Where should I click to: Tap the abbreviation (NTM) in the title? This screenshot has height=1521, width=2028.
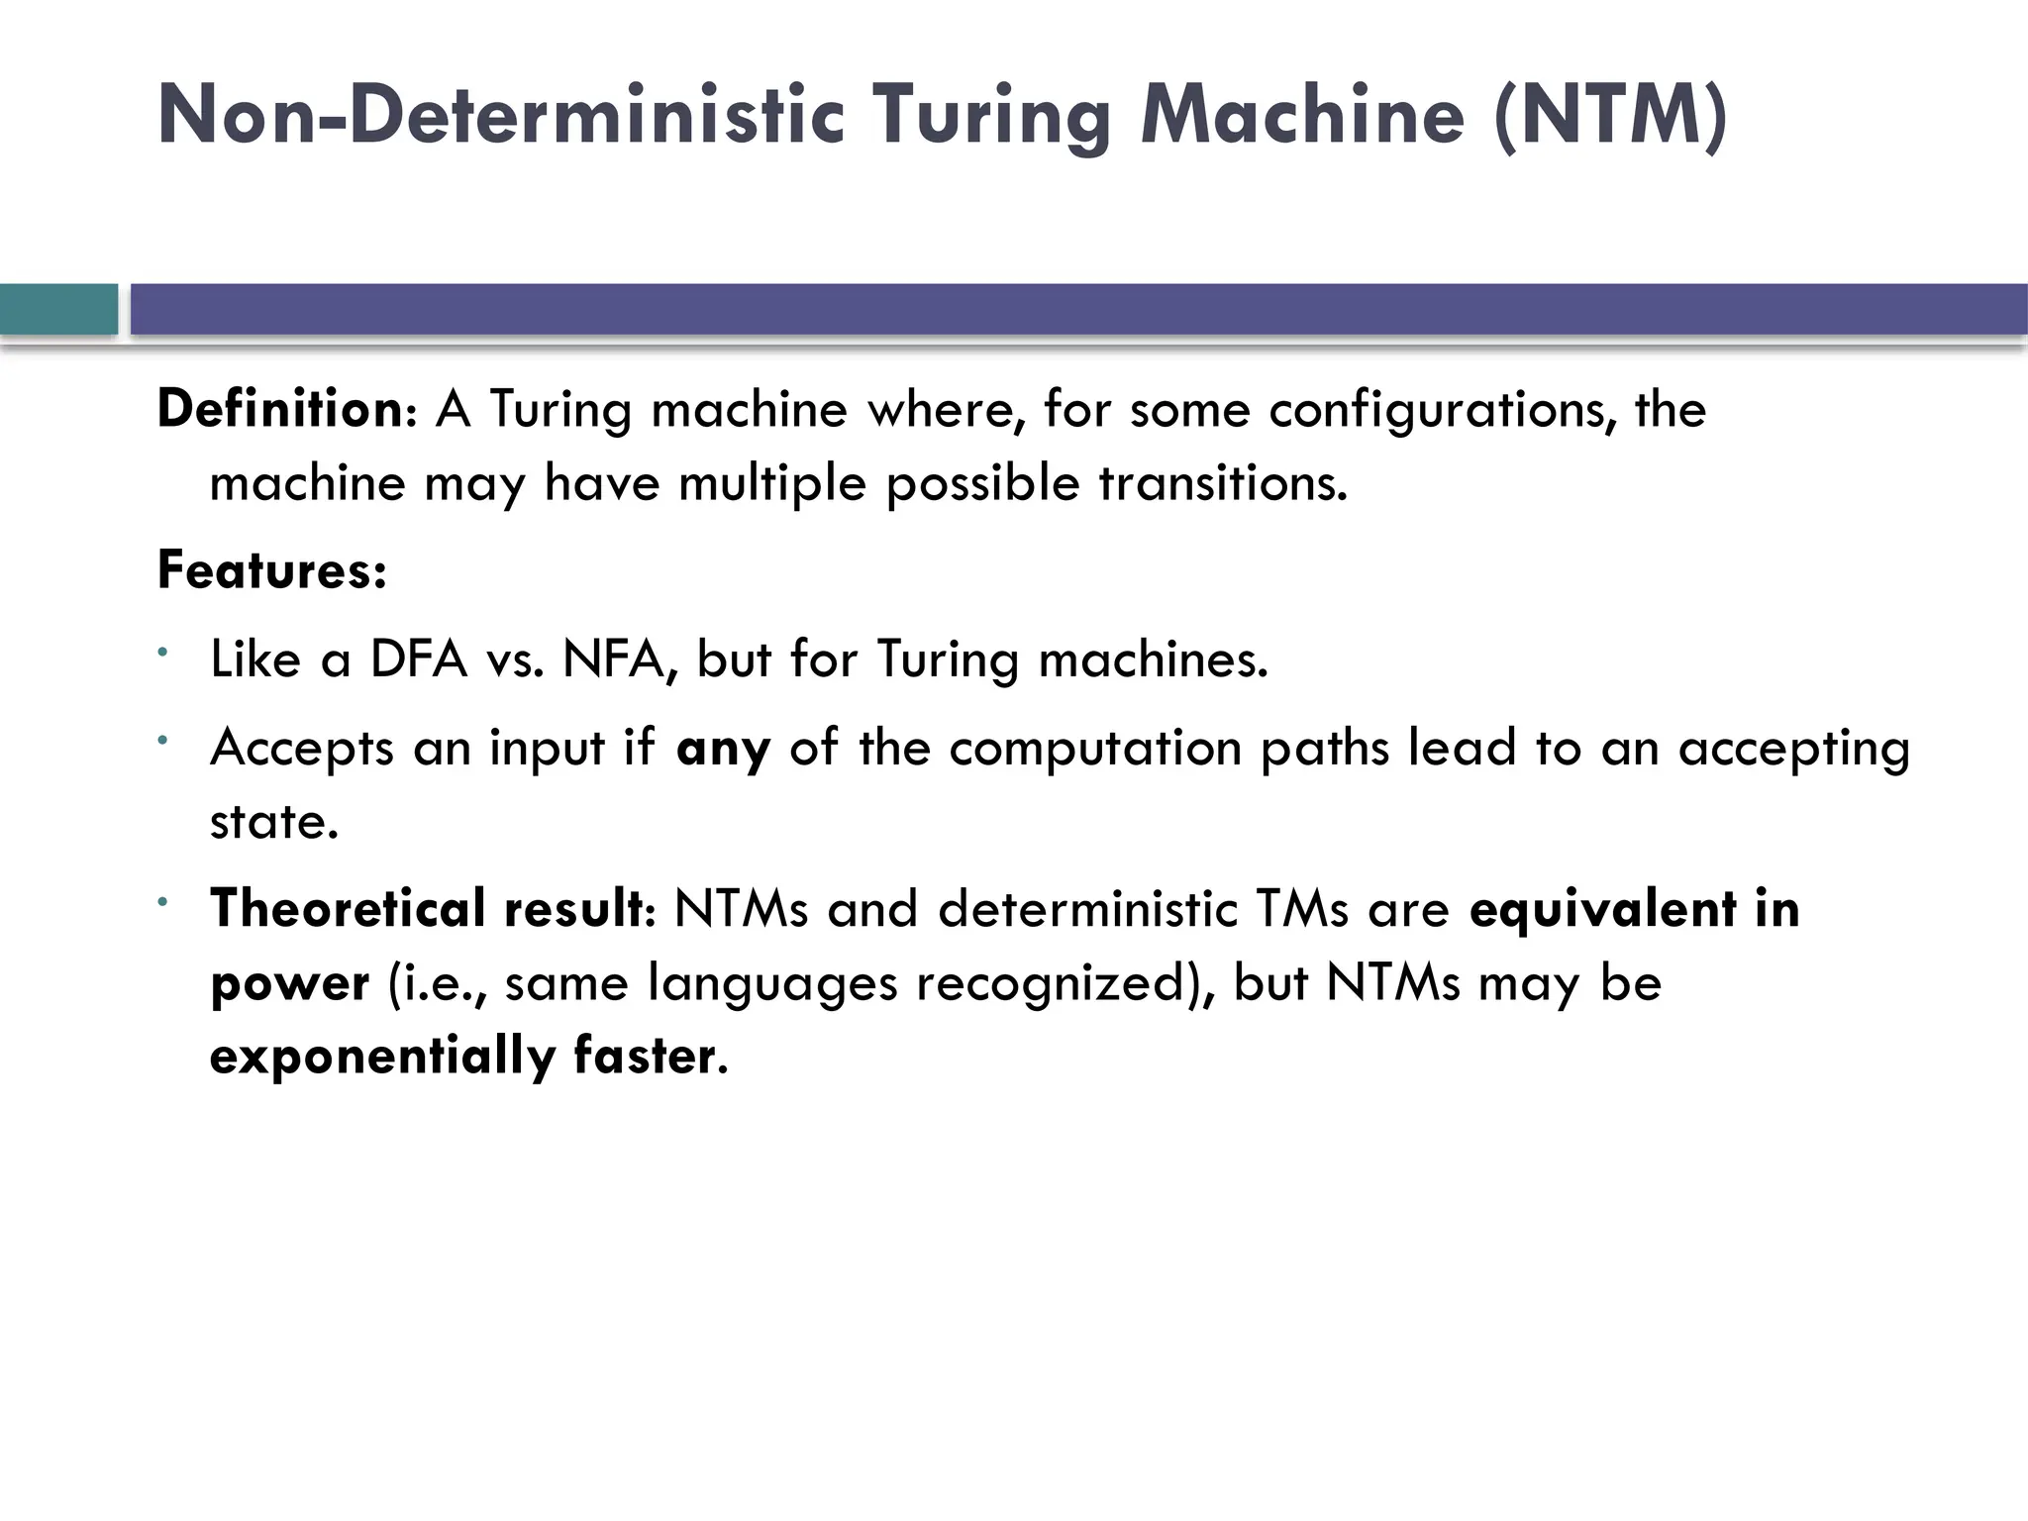click(1611, 117)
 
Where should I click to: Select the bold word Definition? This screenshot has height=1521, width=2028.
click(278, 409)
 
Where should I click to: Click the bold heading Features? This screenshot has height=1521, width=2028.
click(271, 571)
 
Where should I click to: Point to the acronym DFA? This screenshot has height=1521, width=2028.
click(418, 659)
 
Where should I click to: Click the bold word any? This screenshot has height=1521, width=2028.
click(723, 749)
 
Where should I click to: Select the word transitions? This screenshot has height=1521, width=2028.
click(1223, 483)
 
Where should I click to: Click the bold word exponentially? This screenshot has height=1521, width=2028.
click(382, 1056)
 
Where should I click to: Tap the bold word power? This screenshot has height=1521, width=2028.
click(289, 984)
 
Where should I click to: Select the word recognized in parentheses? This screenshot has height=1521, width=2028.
click(1052, 983)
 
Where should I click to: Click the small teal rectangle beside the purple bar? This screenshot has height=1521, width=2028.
click(58, 309)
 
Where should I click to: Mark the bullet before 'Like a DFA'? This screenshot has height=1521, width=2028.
click(163, 652)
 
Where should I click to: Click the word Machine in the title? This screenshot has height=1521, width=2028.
click(1302, 117)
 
